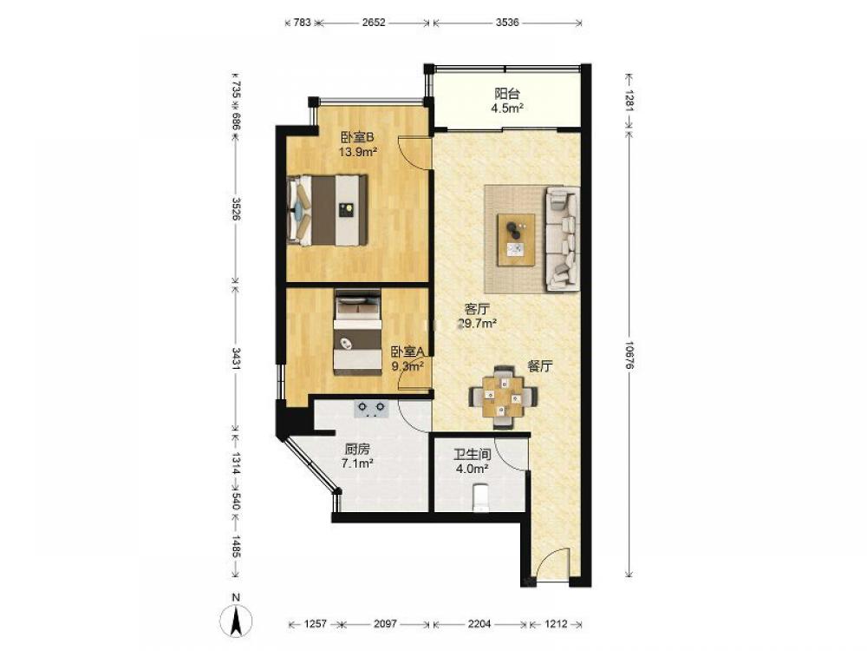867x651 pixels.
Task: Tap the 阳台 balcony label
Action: coord(507,94)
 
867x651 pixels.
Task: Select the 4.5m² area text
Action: coord(507,108)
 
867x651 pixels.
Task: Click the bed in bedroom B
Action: coord(328,210)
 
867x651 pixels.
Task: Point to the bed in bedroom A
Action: coord(357,332)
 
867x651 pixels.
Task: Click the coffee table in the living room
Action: coord(516,240)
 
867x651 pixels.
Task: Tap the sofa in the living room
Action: coord(563,239)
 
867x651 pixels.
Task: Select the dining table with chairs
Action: coord(503,397)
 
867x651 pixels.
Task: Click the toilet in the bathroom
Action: coord(481,497)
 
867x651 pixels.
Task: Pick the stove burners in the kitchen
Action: coord(372,409)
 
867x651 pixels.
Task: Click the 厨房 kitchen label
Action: coord(356,450)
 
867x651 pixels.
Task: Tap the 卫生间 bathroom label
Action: coord(473,455)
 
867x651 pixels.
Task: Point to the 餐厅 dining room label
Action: coord(540,366)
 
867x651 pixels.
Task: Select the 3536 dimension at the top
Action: coord(507,23)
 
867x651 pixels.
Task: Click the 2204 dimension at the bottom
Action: coord(479,624)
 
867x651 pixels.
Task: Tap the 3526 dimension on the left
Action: coord(236,208)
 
